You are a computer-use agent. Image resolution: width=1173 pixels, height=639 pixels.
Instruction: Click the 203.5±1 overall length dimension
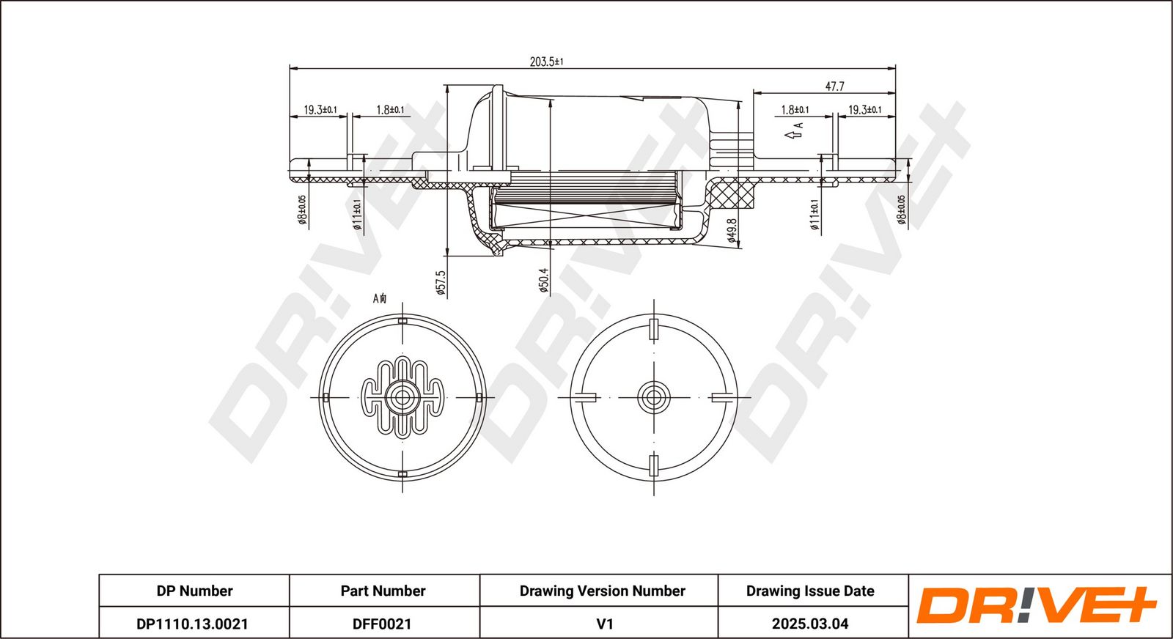pos(546,62)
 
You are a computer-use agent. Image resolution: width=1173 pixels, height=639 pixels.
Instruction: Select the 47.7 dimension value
pos(835,86)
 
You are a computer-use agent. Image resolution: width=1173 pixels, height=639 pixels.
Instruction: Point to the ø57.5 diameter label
pos(441,283)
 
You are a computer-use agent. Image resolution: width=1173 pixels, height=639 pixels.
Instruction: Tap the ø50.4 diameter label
pos(544,281)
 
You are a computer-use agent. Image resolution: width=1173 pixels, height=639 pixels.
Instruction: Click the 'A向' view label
pos(380,298)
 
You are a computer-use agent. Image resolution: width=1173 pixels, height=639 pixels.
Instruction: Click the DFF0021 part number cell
pos(382,624)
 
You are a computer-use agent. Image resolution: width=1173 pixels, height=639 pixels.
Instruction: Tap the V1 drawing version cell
pos(605,624)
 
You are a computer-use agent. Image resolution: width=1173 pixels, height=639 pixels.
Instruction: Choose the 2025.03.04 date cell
pos(810,624)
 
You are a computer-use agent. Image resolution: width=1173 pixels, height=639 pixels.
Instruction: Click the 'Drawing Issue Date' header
pos(810,591)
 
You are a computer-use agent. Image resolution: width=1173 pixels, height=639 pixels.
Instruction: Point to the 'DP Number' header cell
pos(194,591)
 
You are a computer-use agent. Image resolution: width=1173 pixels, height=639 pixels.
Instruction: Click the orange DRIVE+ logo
pos(1037,605)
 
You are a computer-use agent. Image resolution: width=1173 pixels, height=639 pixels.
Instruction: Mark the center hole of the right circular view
pos(653,397)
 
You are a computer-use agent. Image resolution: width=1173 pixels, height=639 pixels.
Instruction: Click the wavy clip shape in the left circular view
pos(402,398)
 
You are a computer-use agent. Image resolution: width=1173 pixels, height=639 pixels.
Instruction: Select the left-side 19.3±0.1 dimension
pos(320,110)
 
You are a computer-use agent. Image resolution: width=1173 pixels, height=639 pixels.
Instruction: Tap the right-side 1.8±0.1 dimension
pos(795,110)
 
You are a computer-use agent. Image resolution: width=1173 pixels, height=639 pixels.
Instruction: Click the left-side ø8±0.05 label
pos(301,210)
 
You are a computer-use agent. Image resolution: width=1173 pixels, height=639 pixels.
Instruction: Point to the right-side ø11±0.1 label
pos(815,215)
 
